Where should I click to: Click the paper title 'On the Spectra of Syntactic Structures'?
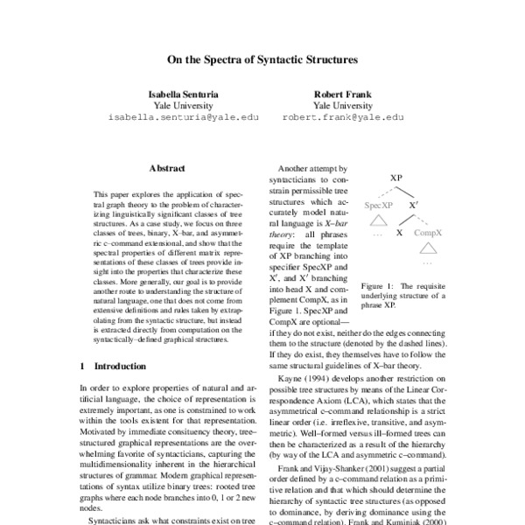[x=262, y=62]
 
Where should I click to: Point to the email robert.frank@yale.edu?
[x=343, y=116]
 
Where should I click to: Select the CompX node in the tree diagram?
[x=427, y=234]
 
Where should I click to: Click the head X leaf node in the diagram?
[x=400, y=234]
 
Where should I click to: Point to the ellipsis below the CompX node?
[x=427, y=261]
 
